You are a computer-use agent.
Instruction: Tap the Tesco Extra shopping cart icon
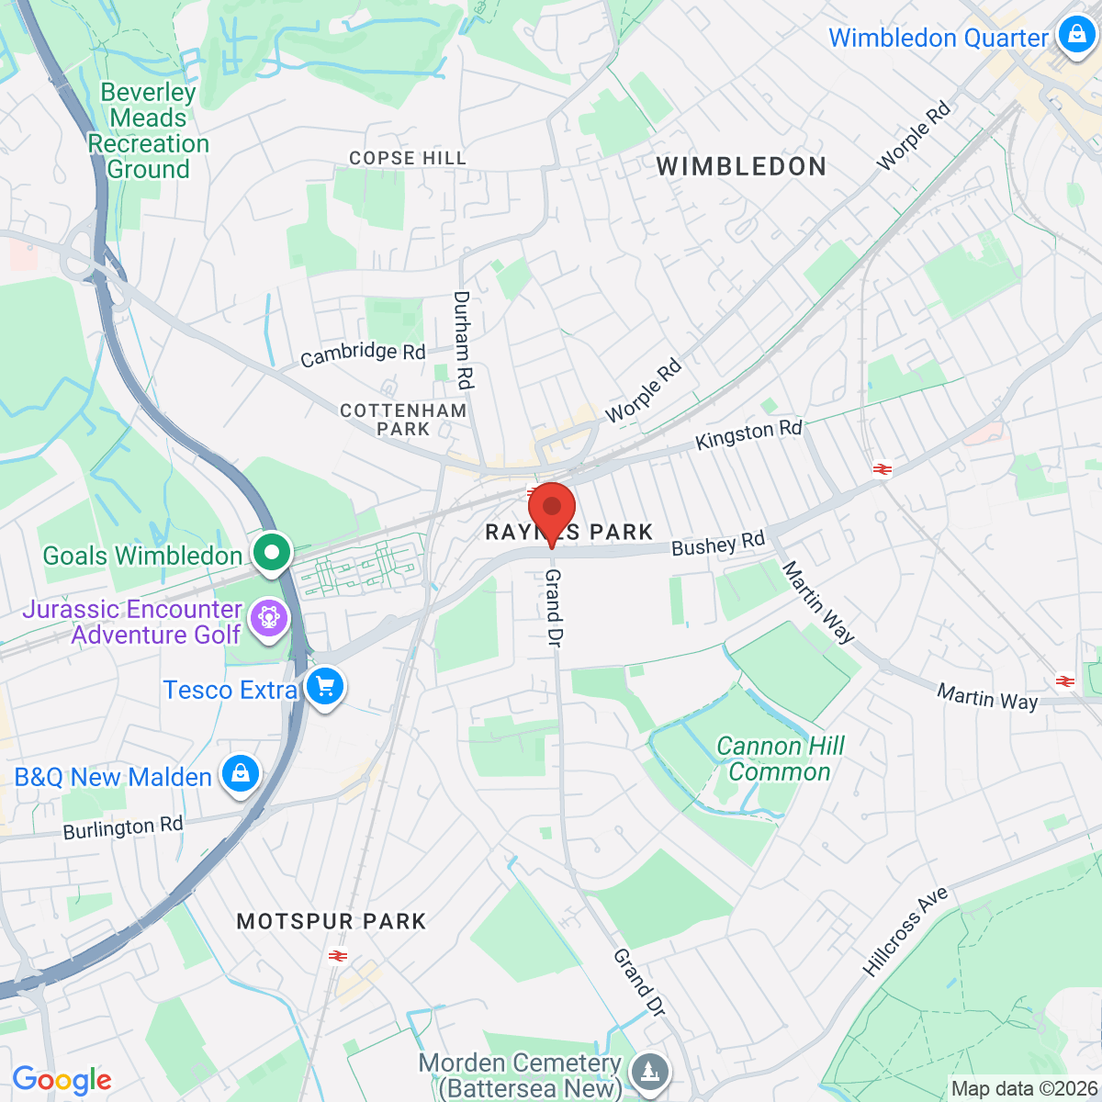click(x=324, y=686)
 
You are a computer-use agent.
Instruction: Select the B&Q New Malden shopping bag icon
click(x=240, y=773)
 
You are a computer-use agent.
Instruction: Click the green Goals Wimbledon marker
click(x=271, y=553)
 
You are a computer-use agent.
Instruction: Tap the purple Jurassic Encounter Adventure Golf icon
click(x=269, y=616)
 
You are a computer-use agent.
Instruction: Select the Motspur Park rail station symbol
click(x=337, y=957)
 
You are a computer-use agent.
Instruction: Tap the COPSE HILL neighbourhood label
click(x=408, y=159)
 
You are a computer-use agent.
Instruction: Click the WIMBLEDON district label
click(x=742, y=166)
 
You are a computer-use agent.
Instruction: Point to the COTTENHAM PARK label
click(x=403, y=420)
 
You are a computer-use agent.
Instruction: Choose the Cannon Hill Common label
click(x=780, y=759)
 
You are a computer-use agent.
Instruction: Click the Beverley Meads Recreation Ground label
click(x=148, y=130)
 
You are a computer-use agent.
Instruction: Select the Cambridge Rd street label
click(x=364, y=354)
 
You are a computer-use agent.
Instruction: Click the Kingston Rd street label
click(x=748, y=434)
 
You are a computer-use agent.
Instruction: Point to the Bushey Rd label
click(x=717, y=545)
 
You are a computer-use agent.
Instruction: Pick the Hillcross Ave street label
click(x=905, y=931)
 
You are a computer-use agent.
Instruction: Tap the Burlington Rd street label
click(x=123, y=828)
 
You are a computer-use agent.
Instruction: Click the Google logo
click(x=62, y=1081)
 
